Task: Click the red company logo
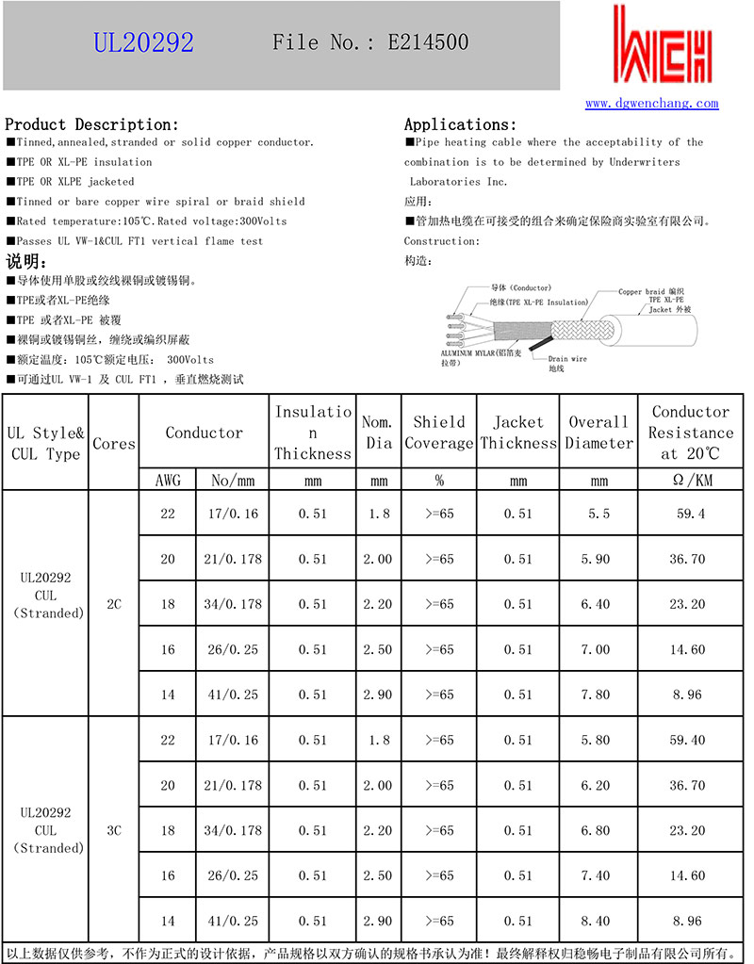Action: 662,47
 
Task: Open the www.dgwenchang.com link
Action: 651,104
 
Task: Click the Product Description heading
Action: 91,124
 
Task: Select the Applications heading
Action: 460,124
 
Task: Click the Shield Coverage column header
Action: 439,433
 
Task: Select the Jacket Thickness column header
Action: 518,433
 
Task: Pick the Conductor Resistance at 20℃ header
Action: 691,433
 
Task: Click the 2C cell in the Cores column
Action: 114,604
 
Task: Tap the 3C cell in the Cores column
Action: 114,830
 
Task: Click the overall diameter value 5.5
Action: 599,514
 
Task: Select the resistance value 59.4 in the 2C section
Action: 691,514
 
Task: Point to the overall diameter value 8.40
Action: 599,921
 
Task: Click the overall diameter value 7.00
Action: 599,649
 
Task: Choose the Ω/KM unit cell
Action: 691,481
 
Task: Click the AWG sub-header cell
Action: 168,481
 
